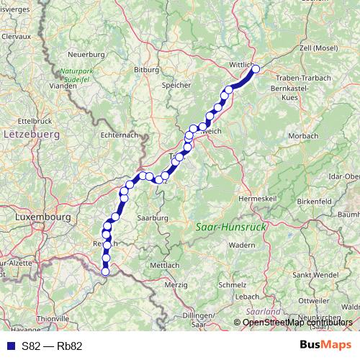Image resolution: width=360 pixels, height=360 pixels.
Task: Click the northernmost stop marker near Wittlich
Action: click(x=255, y=69)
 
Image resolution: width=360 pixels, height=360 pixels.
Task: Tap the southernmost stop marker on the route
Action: click(x=105, y=271)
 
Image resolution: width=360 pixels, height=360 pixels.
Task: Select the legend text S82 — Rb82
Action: click(x=52, y=346)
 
